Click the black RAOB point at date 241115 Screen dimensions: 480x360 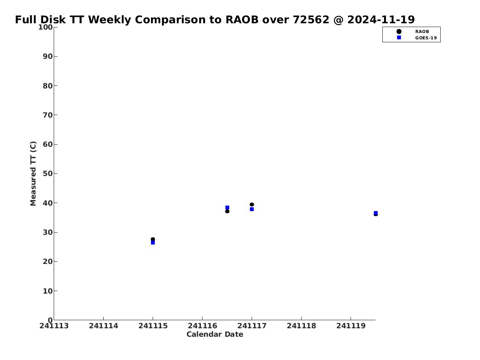[x=153, y=239]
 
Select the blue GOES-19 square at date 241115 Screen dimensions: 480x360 [x=153, y=243]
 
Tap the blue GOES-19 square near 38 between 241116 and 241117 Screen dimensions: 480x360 [x=227, y=208]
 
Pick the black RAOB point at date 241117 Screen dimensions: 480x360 [x=252, y=204]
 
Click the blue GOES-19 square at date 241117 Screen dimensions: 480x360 [x=252, y=209]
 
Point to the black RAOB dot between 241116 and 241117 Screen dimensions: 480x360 [x=227, y=211]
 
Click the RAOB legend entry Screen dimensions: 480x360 [x=413, y=32]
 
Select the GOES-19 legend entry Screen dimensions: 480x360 [x=416, y=38]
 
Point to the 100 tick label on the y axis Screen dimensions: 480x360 [x=45, y=27]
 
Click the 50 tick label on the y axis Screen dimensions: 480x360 [x=48, y=173]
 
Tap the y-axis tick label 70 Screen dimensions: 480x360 [x=48, y=115]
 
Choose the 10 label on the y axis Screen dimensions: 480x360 [x=48, y=291]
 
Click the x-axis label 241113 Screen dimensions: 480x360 [x=54, y=326]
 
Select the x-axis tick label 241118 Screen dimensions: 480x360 [x=301, y=326]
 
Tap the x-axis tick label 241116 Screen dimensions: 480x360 [x=202, y=326]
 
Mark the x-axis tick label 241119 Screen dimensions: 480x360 [x=351, y=326]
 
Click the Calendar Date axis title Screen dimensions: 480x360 [x=215, y=334]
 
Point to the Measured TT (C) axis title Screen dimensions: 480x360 [x=33, y=173]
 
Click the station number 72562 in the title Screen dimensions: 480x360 [x=311, y=19]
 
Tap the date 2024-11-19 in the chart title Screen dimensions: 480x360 [x=381, y=19]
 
